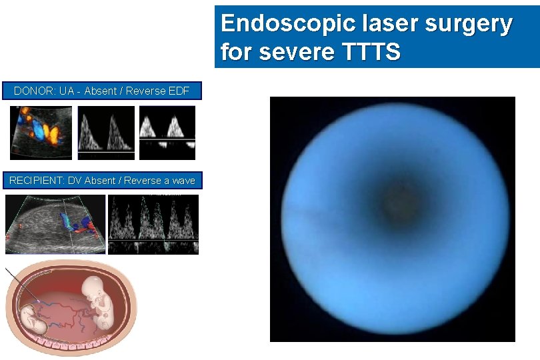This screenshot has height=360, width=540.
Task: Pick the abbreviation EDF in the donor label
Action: tap(178, 91)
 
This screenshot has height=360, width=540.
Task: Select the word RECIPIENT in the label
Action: tap(37, 180)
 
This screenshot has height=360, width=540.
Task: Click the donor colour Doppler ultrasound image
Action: tap(41, 133)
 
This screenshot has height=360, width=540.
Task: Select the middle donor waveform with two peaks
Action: tap(106, 133)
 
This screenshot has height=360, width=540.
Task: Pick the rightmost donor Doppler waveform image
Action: tap(167, 133)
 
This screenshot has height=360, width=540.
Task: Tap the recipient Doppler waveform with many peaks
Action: tap(153, 224)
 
